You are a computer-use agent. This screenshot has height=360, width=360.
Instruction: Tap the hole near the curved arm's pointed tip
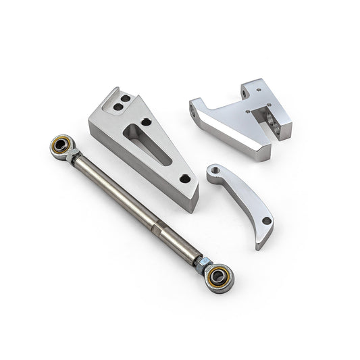point(265,220)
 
